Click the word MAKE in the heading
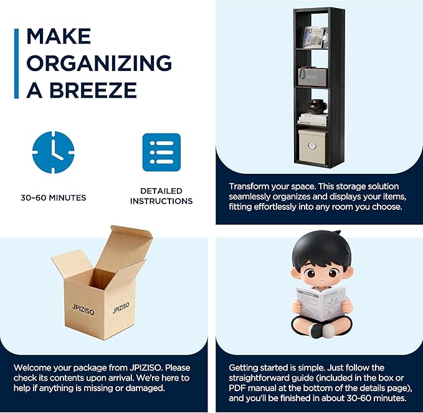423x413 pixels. click(x=59, y=36)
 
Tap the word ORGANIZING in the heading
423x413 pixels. click(x=99, y=63)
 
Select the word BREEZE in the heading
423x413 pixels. click(x=93, y=90)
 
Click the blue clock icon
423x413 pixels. click(x=53, y=152)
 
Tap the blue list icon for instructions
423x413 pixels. click(x=161, y=152)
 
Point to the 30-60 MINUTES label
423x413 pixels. click(x=54, y=197)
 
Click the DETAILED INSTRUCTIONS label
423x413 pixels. click(x=161, y=196)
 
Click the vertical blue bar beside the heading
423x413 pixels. click(x=16, y=64)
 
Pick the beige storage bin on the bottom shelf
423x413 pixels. click(x=312, y=146)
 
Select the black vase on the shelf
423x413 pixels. click(x=318, y=107)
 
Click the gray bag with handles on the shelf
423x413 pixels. click(x=313, y=77)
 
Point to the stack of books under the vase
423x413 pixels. click(x=313, y=119)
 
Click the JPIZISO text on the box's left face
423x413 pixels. click(x=83, y=310)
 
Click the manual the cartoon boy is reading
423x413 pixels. click(x=321, y=303)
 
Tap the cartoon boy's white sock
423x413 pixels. click(x=328, y=330)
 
